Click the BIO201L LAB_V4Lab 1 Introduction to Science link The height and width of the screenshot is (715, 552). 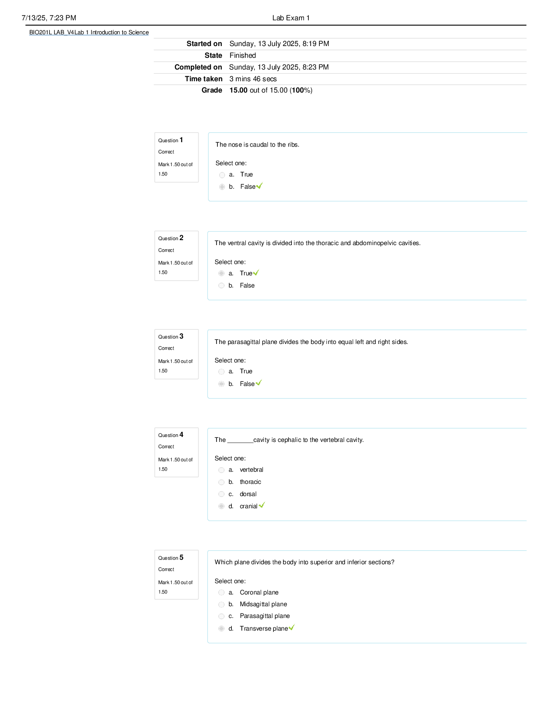89,32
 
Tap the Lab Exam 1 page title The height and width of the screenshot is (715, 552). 290,18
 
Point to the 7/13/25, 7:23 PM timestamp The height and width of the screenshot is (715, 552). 49,18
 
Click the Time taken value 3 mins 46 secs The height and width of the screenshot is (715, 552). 253,79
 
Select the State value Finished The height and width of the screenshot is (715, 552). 243,55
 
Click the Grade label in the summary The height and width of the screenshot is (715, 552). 212,90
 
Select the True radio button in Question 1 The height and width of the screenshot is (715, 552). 222,175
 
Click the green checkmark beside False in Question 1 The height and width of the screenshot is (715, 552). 259,186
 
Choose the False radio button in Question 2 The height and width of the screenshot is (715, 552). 221,286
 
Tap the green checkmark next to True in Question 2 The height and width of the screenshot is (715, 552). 256,273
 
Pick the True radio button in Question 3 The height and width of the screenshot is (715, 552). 221,372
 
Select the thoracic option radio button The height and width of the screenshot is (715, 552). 221,483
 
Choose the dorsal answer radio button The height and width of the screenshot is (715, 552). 221,494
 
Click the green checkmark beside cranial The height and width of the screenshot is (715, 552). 262,505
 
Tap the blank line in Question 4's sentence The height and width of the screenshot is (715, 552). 240,442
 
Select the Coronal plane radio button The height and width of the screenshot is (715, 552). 221,593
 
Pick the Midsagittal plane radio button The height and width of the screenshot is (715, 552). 221,604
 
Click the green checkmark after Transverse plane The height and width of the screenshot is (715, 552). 291,627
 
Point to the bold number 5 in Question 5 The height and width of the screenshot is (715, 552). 181,557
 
